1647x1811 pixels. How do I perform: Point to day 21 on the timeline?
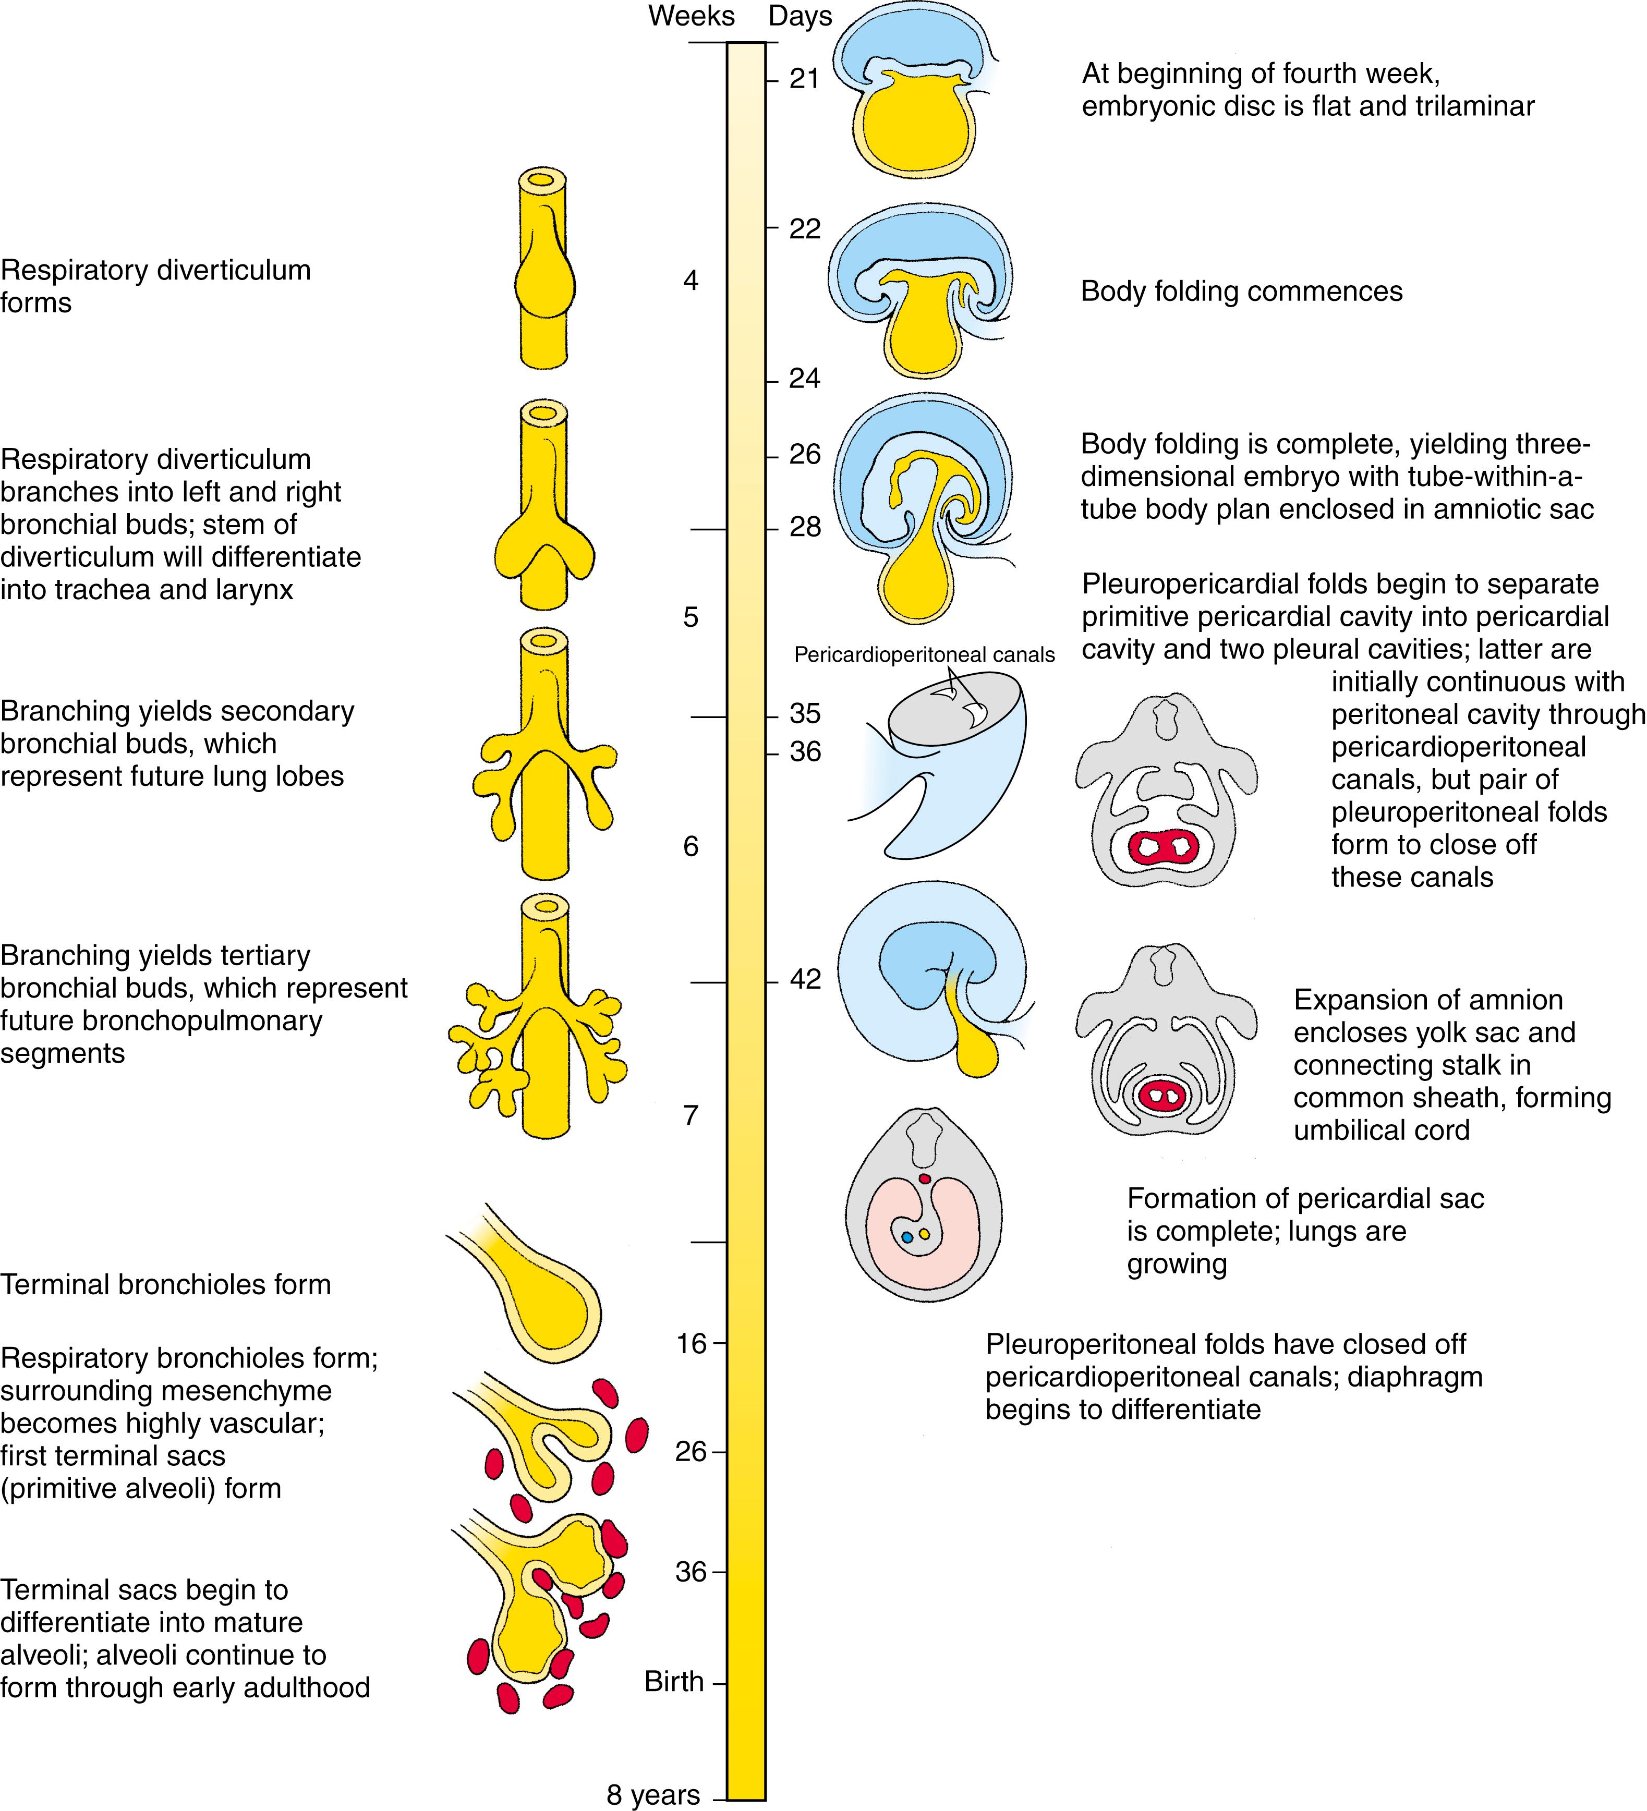(804, 80)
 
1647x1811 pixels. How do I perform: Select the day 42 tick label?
(805, 979)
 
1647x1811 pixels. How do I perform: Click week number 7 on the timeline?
(690, 1116)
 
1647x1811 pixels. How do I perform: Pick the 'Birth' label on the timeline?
(674, 1682)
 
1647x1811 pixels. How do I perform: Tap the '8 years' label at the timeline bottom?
(653, 1795)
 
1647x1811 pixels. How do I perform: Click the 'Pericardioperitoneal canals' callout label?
(924, 655)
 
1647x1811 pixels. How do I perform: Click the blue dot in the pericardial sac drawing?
(906, 1237)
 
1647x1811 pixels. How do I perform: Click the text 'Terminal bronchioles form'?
(165, 1284)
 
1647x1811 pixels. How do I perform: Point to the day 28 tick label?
(805, 528)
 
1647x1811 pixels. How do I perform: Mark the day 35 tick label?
(805, 714)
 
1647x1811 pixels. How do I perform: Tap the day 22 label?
(805, 229)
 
